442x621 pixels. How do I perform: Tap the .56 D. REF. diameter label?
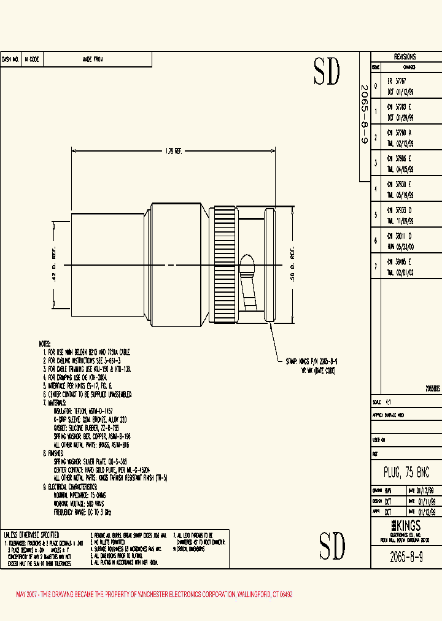point(293,264)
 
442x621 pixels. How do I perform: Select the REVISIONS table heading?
point(405,55)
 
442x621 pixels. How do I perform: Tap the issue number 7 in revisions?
point(376,266)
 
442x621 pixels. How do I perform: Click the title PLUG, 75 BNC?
point(406,472)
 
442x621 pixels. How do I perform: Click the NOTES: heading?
point(45,344)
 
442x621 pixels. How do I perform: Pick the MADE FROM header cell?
point(93,60)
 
